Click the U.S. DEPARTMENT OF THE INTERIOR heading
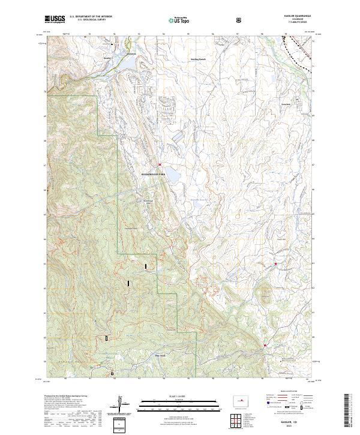tap(91, 17)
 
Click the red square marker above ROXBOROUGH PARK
tap(160, 165)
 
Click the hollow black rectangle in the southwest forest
tap(107, 338)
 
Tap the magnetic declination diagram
tap(122, 405)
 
